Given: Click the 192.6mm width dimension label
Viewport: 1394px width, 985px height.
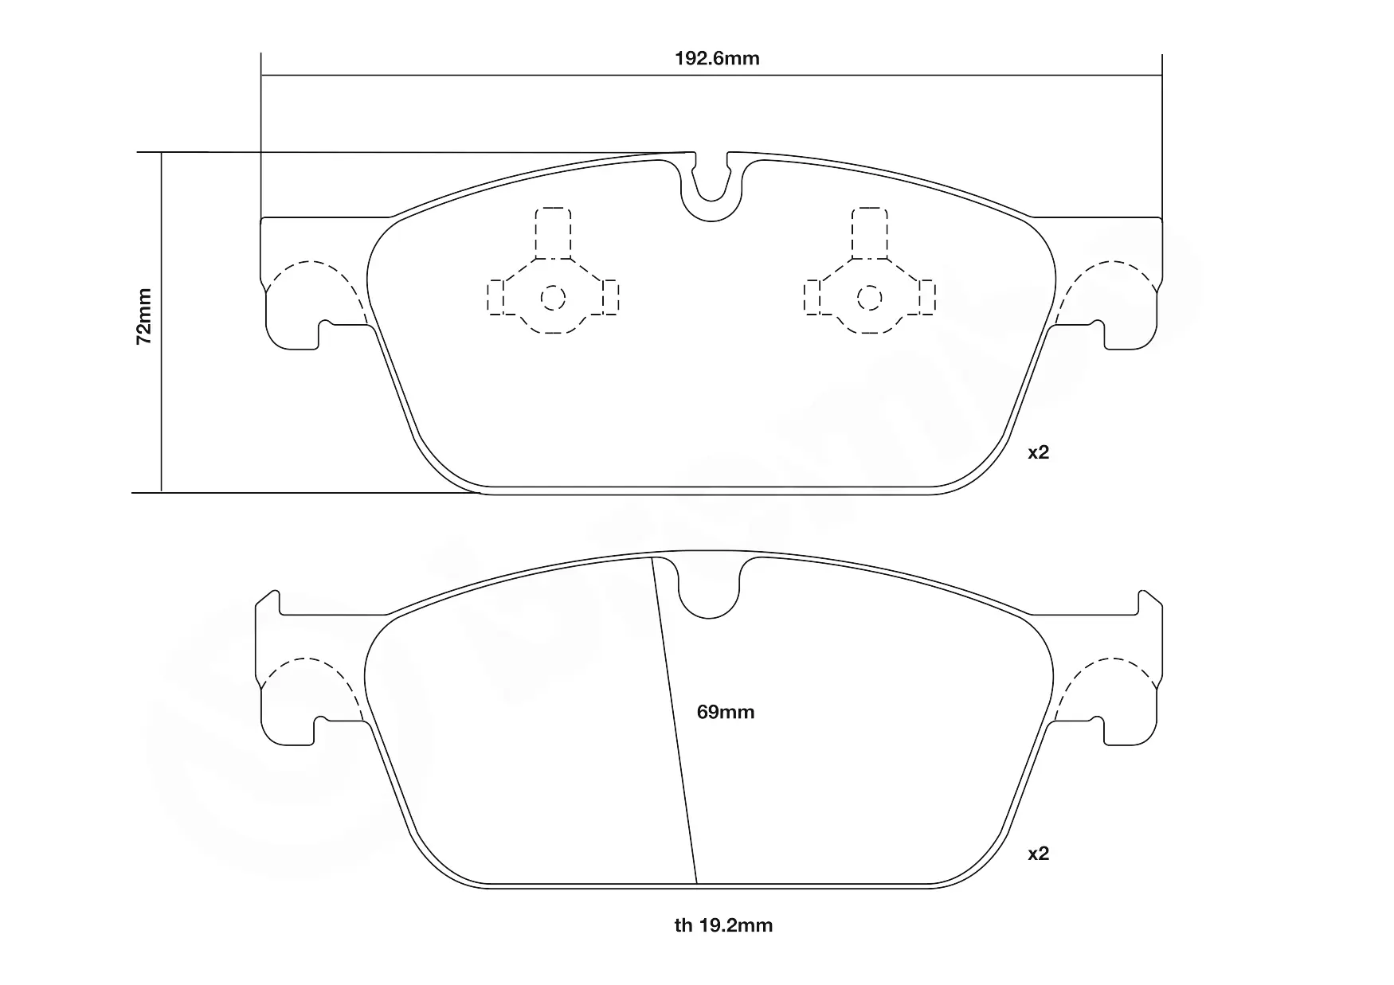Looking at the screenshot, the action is pyautogui.click(x=717, y=59).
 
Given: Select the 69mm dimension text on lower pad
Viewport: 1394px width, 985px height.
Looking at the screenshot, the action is pyautogui.click(x=725, y=712).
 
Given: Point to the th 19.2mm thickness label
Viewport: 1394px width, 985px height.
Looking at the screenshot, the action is pyautogui.click(x=723, y=925).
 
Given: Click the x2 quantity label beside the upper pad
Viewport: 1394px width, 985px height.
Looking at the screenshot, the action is pyautogui.click(x=1038, y=452).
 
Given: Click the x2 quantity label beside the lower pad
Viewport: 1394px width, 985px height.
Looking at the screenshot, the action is pyautogui.click(x=1038, y=854).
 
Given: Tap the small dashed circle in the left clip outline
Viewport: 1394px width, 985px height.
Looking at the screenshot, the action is pyautogui.click(x=553, y=299).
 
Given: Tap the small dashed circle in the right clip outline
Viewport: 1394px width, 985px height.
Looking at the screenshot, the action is pyautogui.click(x=870, y=299).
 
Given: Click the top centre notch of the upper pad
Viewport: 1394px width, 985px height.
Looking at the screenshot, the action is pyautogui.click(x=711, y=189).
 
